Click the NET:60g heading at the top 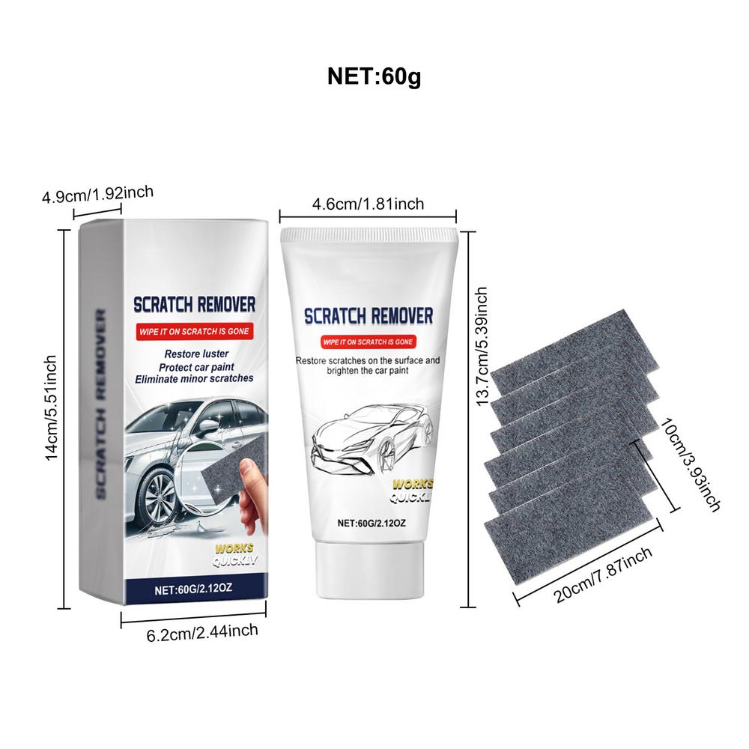(x=374, y=76)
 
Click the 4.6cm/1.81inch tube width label (x=367, y=204)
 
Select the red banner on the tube (x=367, y=342)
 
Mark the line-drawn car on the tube (x=374, y=442)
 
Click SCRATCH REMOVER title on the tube (x=367, y=315)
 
